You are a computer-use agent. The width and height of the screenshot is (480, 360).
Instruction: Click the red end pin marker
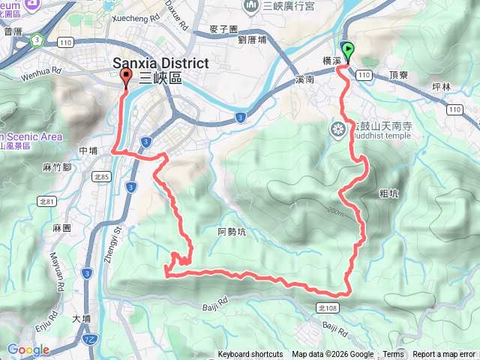click(x=125, y=78)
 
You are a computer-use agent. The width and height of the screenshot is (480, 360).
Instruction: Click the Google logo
click(x=28, y=349)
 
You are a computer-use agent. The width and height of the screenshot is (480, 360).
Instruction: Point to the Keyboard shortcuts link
click(x=250, y=355)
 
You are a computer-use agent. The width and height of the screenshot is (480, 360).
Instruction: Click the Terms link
click(x=393, y=355)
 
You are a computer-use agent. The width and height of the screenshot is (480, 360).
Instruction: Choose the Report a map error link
click(x=444, y=355)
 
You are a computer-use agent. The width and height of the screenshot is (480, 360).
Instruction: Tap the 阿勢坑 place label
click(x=231, y=232)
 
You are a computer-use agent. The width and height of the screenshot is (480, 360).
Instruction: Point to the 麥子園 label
click(x=224, y=28)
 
